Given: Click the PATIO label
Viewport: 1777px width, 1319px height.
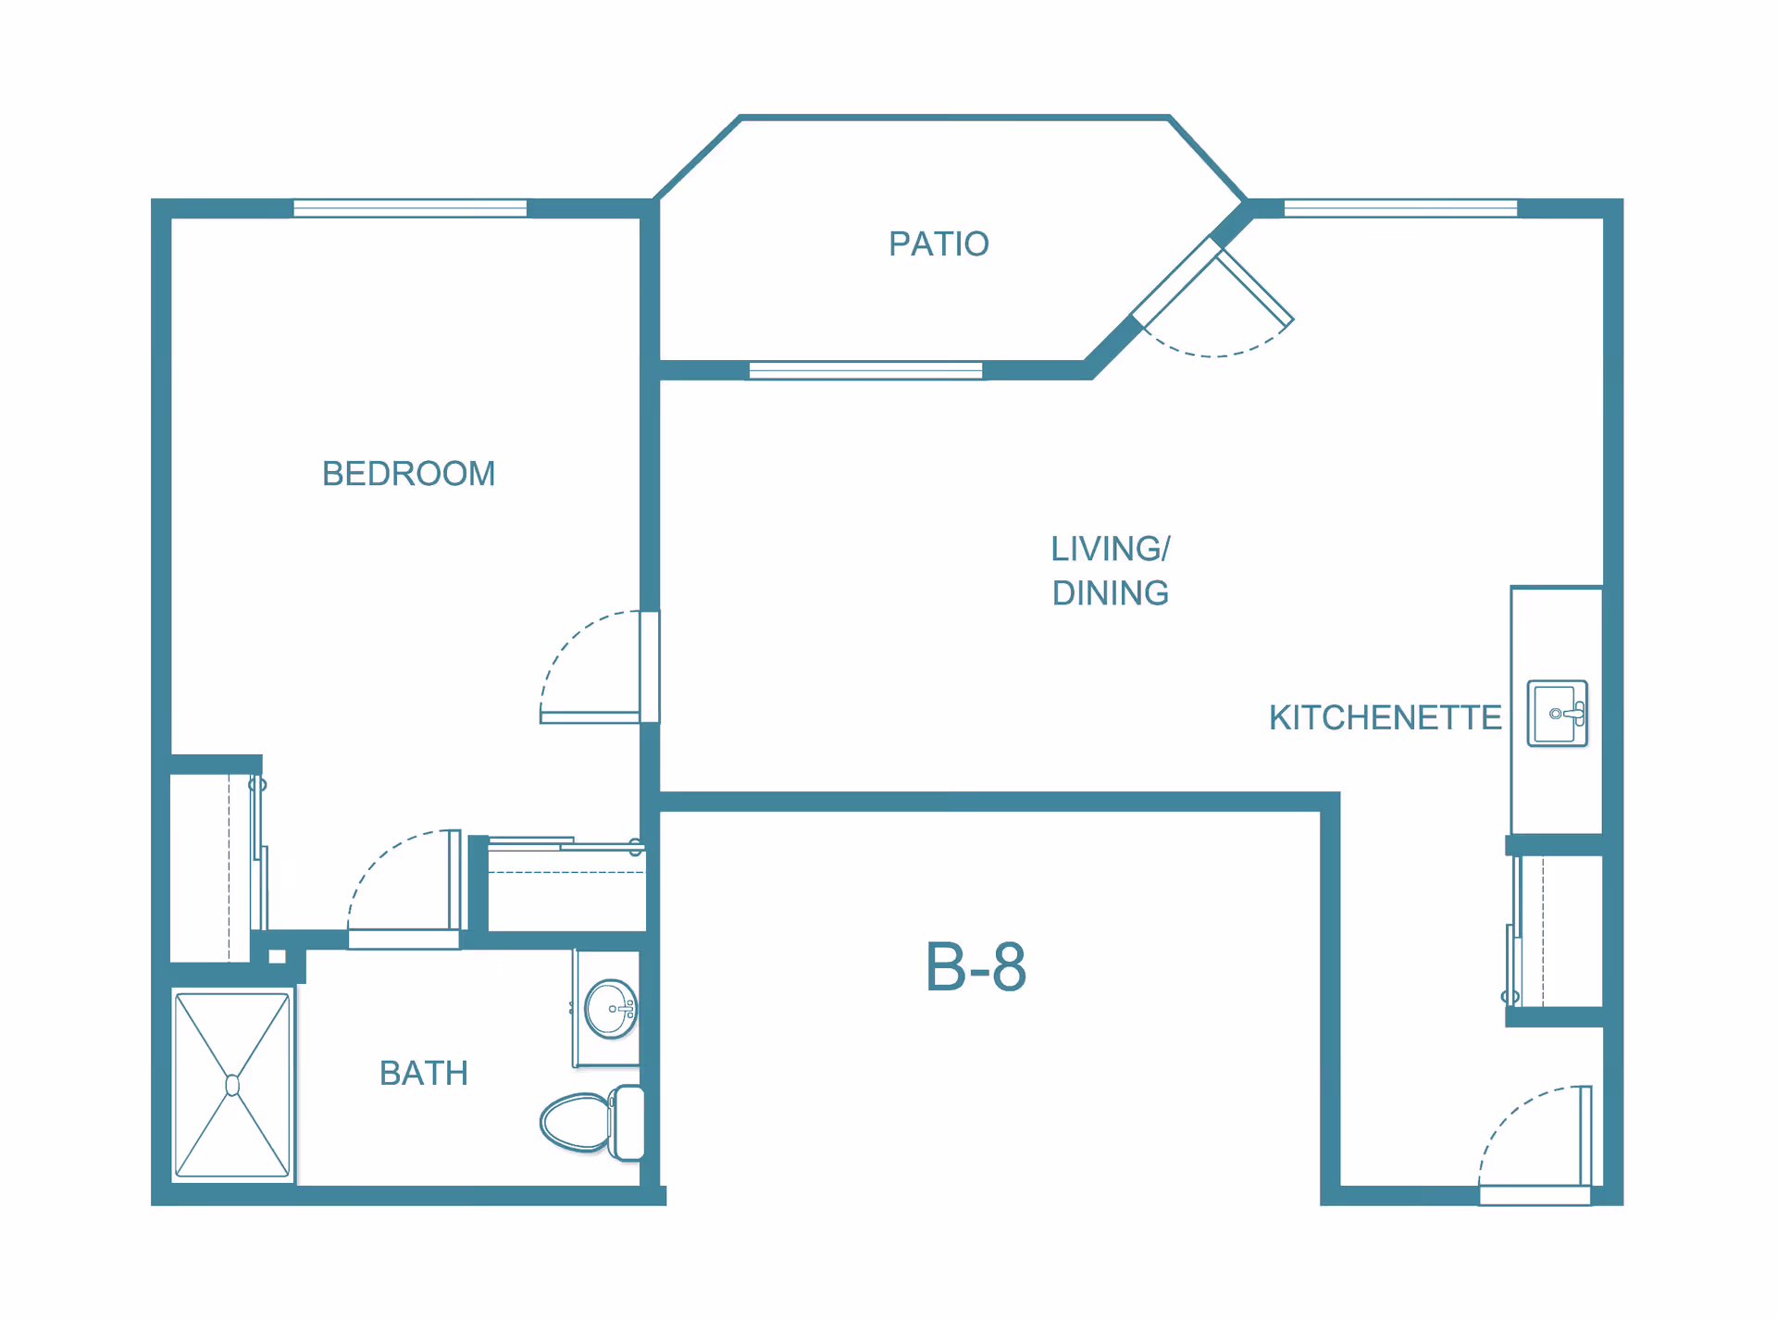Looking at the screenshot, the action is click(938, 244).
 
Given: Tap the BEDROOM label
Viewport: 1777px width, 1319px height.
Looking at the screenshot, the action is click(408, 474).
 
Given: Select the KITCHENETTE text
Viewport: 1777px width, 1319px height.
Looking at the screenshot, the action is click(1385, 717).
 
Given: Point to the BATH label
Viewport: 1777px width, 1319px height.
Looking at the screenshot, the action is click(424, 1074).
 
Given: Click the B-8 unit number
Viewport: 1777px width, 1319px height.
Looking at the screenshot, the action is click(975, 967).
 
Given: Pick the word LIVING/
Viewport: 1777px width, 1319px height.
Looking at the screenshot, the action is click(1110, 549).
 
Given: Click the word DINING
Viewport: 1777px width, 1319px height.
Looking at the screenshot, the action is click(1111, 593).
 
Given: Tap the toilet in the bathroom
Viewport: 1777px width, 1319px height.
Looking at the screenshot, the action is click(592, 1123).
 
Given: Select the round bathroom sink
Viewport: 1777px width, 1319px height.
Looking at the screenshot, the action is click(611, 1009).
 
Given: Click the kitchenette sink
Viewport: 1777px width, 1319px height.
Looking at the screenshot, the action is click(1557, 714).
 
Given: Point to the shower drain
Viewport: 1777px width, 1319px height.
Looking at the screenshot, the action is click(232, 1085).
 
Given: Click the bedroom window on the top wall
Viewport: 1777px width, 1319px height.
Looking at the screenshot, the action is click(410, 208).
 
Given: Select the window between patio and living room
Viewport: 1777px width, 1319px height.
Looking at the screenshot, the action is click(865, 370).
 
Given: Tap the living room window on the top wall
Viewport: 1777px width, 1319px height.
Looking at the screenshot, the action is click(1400, 208).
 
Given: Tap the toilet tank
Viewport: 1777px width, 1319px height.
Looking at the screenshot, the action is click(629, 1123).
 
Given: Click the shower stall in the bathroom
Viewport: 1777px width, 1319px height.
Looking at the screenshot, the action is click(232, 1085).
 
